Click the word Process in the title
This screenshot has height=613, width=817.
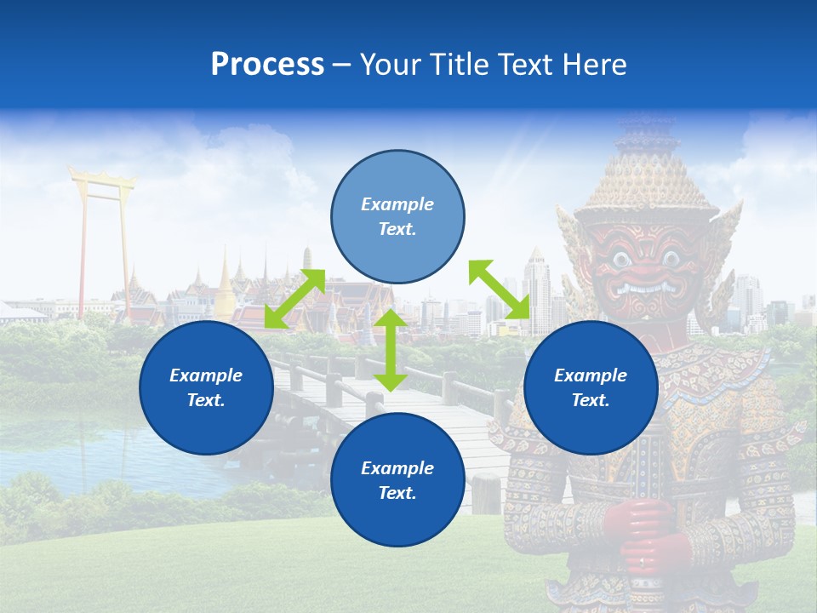(x=267, y=65)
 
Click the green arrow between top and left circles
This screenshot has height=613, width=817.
(x=294, y=299)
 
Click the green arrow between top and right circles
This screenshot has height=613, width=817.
(x=499, y=289)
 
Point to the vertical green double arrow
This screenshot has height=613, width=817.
(x=391, y=350)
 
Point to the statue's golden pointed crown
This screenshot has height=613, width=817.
(x=648, y=170)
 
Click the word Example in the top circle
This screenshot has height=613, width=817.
(x=397, y=204)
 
